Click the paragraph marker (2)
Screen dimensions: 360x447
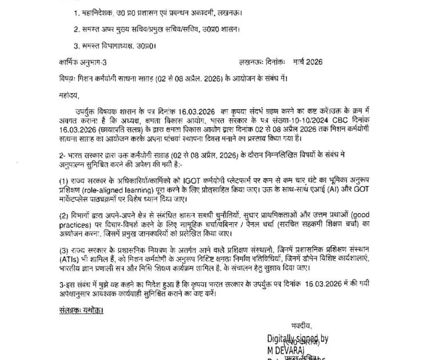(63, 216)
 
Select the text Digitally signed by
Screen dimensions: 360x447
(297, 339)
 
